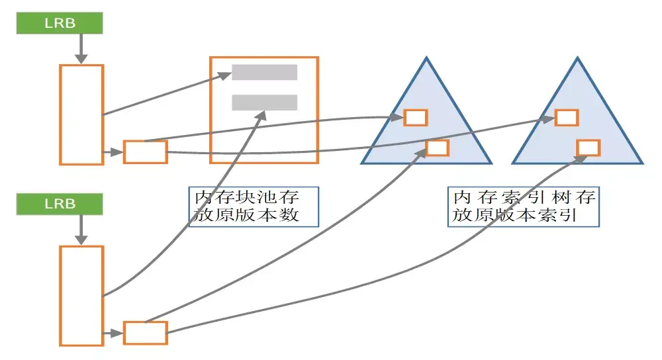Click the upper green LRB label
click(60, 23)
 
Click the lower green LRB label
click(60, 204)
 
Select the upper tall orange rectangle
click(81, 114)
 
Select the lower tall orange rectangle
click(81, 295)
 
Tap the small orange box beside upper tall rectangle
click(146, 152)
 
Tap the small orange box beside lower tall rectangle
click(146, 332)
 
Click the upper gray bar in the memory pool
click(264, 72)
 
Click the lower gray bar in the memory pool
click(264, 102)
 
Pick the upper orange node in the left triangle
click(416, 117)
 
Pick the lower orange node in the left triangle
click(437, 147)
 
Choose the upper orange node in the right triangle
click(567, 117)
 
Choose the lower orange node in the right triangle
click(588, 147)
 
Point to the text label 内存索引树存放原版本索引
click(524, 206)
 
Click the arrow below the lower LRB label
click(81, 230)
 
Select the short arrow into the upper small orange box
click(113, 156)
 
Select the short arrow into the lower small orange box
click(113, 334)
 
